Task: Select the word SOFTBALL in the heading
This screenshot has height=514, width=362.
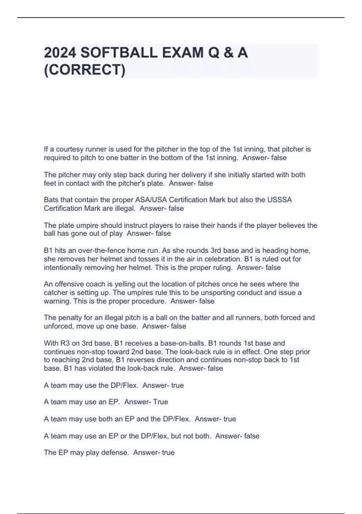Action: [x=119, y=53]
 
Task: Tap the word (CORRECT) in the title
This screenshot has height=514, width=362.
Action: [x=84, y=70]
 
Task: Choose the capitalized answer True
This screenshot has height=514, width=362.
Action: [x=160, y=402]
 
